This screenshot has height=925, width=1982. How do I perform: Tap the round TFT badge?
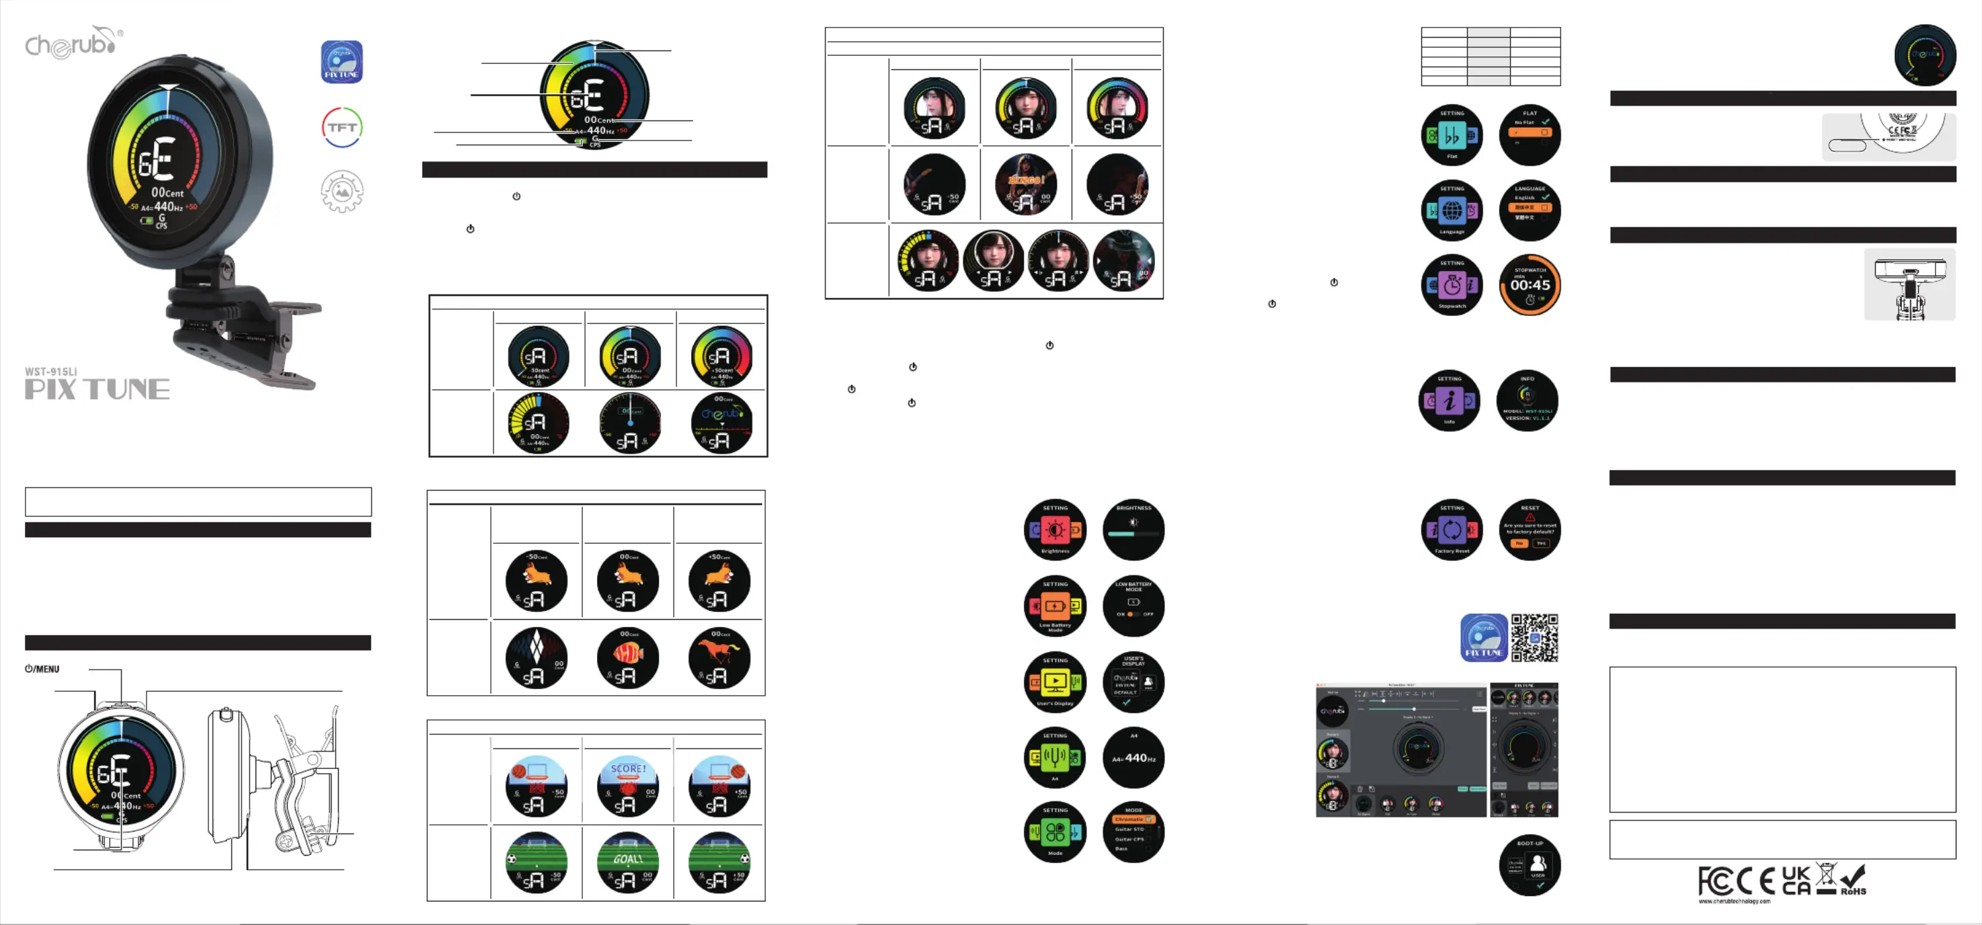tap(342, 128)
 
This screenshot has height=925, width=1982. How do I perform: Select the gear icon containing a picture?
tap(342, 191)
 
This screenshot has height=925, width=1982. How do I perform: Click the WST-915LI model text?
tap(51, 372)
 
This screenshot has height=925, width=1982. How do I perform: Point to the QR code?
tap(1534, 637)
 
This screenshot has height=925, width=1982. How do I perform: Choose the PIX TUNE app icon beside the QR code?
tap(1483, 637)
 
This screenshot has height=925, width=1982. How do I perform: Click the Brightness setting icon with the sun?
tap(1055, 530)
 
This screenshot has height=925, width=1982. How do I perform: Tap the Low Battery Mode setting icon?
tap(1055, 606)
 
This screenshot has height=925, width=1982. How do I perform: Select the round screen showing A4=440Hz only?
tap(1134, 757)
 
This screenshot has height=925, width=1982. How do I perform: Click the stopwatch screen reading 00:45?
tap(1530, 285)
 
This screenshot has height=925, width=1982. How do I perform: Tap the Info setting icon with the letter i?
tap(1450, 400)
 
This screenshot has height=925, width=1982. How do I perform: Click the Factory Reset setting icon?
tap(1452, 530)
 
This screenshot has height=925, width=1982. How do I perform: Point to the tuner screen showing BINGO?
tap(1025, 185)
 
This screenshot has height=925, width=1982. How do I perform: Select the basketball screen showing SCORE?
tap(628, 786)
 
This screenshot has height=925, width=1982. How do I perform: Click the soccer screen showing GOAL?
tap(628, 862)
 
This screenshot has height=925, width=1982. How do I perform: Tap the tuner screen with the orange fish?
tap(628, 658)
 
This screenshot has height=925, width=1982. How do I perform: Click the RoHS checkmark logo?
tap(1853, 879)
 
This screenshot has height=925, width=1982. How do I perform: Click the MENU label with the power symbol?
tap(42, 669)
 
